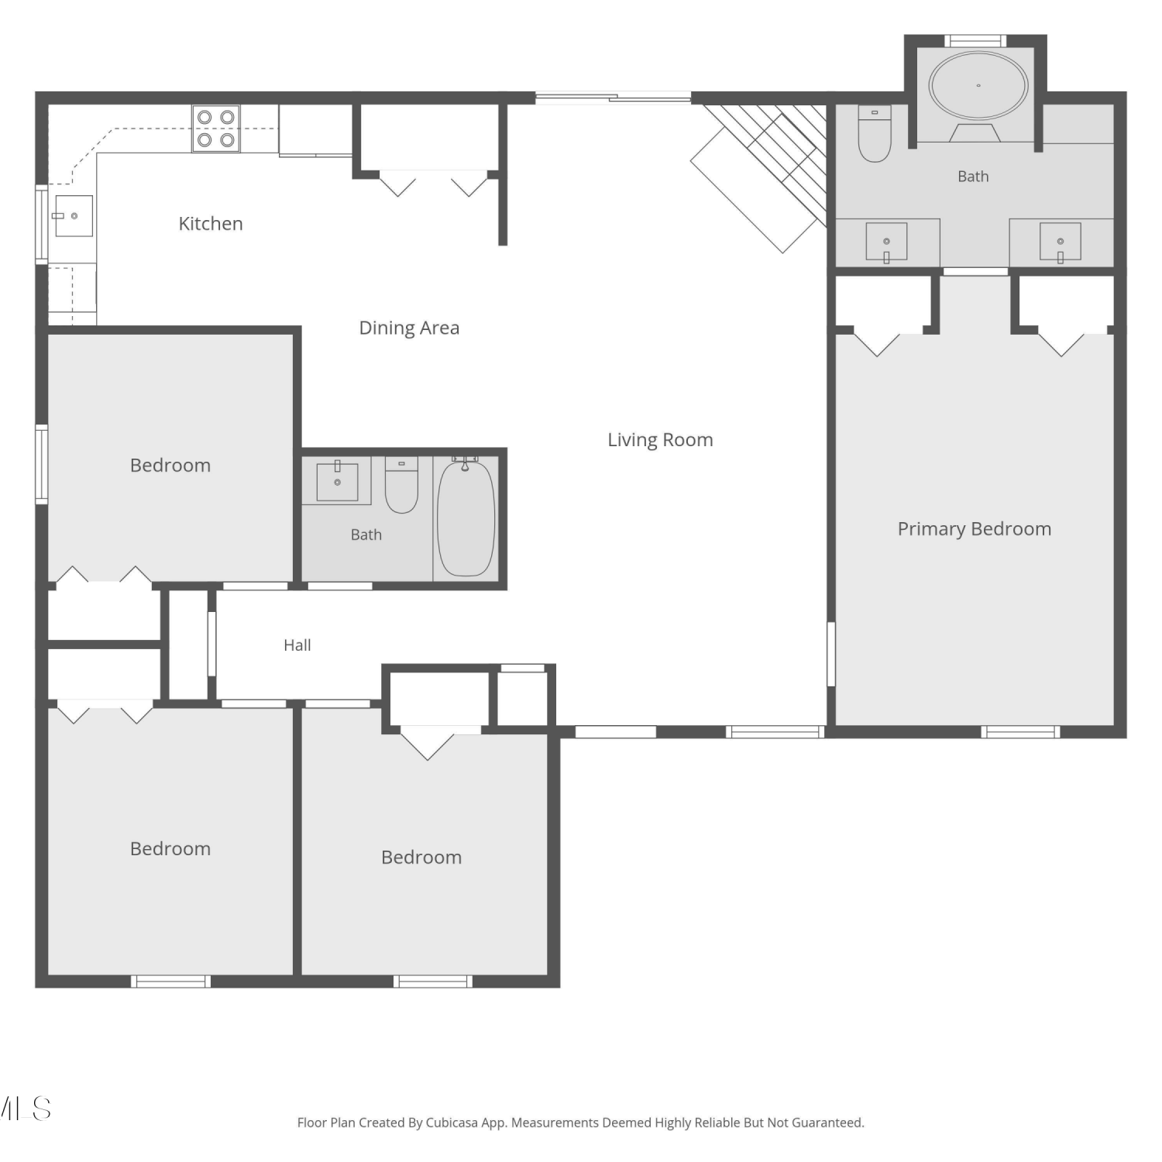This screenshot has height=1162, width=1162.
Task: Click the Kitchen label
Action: pos(211,224)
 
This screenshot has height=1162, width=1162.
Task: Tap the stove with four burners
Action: pos(216,129)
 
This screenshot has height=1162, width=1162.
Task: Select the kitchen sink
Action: pos(74,215)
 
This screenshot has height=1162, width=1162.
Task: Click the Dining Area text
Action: pos(409,328)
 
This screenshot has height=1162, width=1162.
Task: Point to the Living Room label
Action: pos(660,440)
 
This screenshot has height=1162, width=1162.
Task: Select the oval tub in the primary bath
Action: pos(978,85)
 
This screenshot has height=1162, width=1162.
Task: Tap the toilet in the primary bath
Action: pos(875,133)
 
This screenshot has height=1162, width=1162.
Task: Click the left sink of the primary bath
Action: pos(886,242)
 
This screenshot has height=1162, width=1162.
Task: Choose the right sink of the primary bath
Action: pos(1060,242)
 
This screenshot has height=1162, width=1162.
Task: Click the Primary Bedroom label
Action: pos(975,529)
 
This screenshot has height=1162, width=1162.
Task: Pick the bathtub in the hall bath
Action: pos(466,517)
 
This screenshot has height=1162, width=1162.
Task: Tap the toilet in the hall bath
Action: pos(401,485)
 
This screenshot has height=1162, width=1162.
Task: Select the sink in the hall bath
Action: pos(337,482)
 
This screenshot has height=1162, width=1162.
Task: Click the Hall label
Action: pos(297,645)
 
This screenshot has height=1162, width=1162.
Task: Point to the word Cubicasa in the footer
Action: pos(452,1122)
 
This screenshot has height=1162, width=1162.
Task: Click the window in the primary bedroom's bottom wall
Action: pos(1020,731)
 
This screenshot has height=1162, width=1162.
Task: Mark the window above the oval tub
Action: pos(975,41)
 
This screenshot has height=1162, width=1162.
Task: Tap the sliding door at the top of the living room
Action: pos(613,98)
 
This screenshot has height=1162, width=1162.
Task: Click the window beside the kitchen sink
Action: pos(42,225)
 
